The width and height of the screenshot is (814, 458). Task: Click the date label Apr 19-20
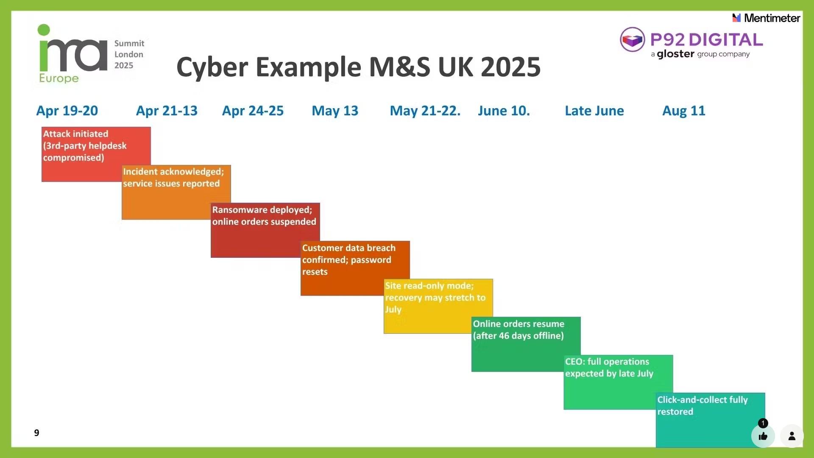[67, 111]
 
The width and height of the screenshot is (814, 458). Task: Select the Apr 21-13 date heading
[167, 111]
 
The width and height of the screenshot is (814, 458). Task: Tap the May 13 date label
[335, 111]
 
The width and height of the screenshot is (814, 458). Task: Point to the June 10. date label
[504, 111]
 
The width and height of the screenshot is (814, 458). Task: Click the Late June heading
[594, 111]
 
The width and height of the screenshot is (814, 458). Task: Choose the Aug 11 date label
[683, 111]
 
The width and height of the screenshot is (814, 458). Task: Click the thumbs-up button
[763, 436]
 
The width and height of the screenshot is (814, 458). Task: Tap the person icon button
[792, 436]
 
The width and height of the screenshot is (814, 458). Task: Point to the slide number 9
[36, 433]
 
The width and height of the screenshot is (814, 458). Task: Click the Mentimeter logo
[766, 18]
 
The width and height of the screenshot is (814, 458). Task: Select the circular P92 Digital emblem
[632, 40]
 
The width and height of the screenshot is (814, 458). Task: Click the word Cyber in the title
[212, 67]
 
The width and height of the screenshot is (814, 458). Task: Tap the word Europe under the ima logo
[59, 78]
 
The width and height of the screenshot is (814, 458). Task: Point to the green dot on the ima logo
[44, 30]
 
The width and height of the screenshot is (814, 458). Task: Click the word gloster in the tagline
[675, 54]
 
